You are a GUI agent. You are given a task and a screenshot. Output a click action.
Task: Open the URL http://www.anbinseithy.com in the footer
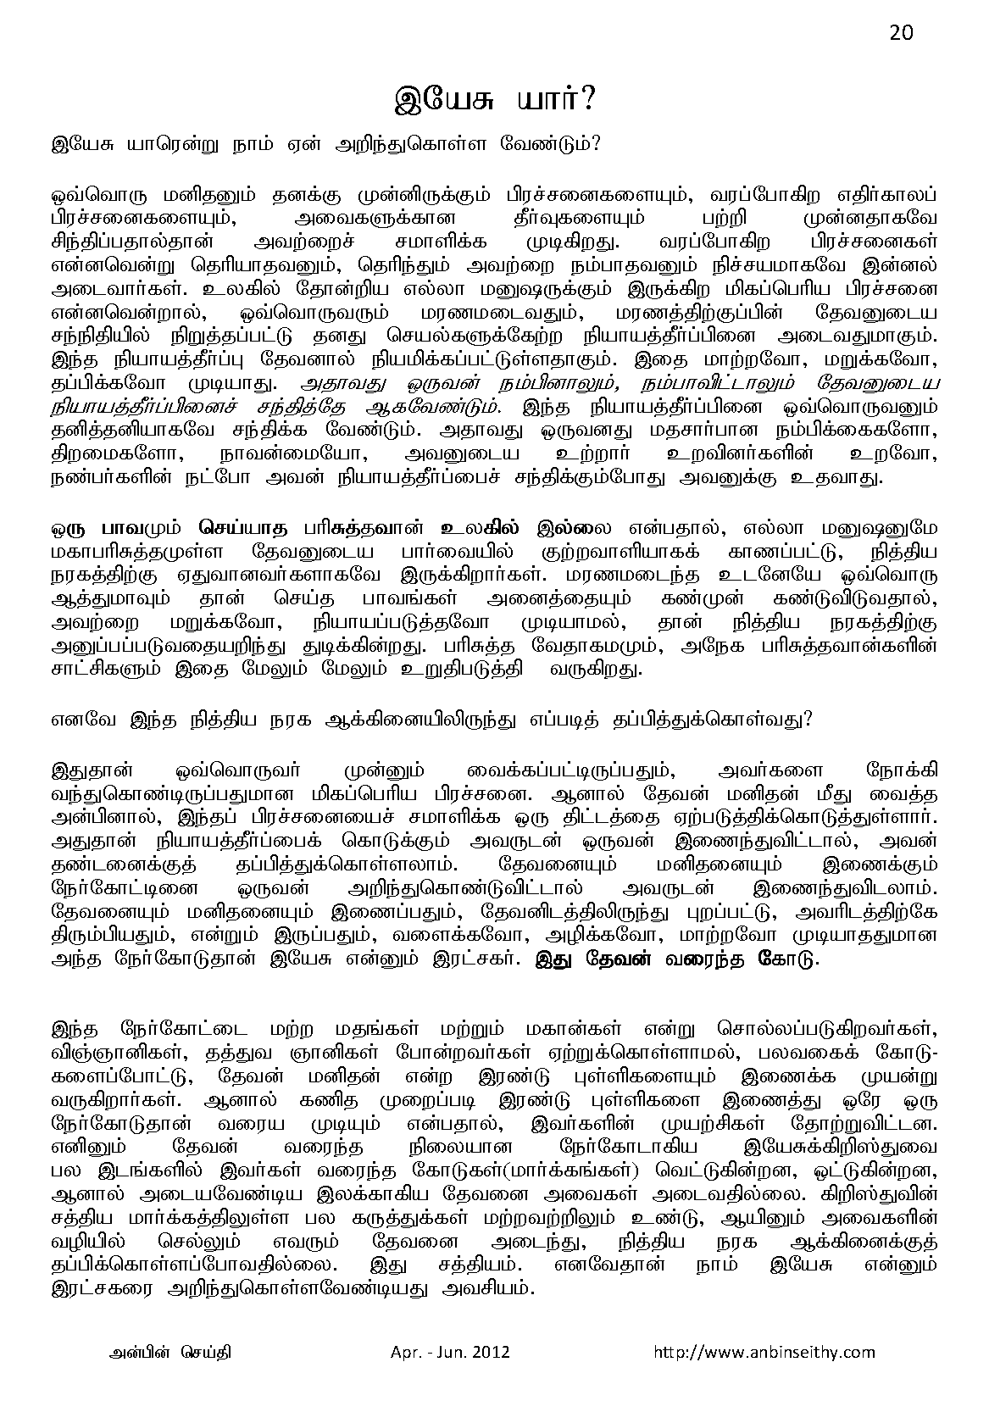pyautogui.click(x=764, y=1352)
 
